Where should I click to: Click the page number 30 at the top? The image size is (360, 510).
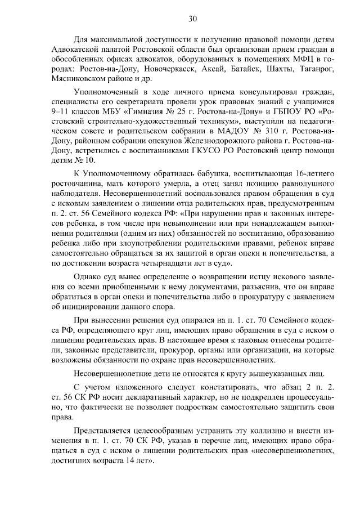[x=192, y=19]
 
